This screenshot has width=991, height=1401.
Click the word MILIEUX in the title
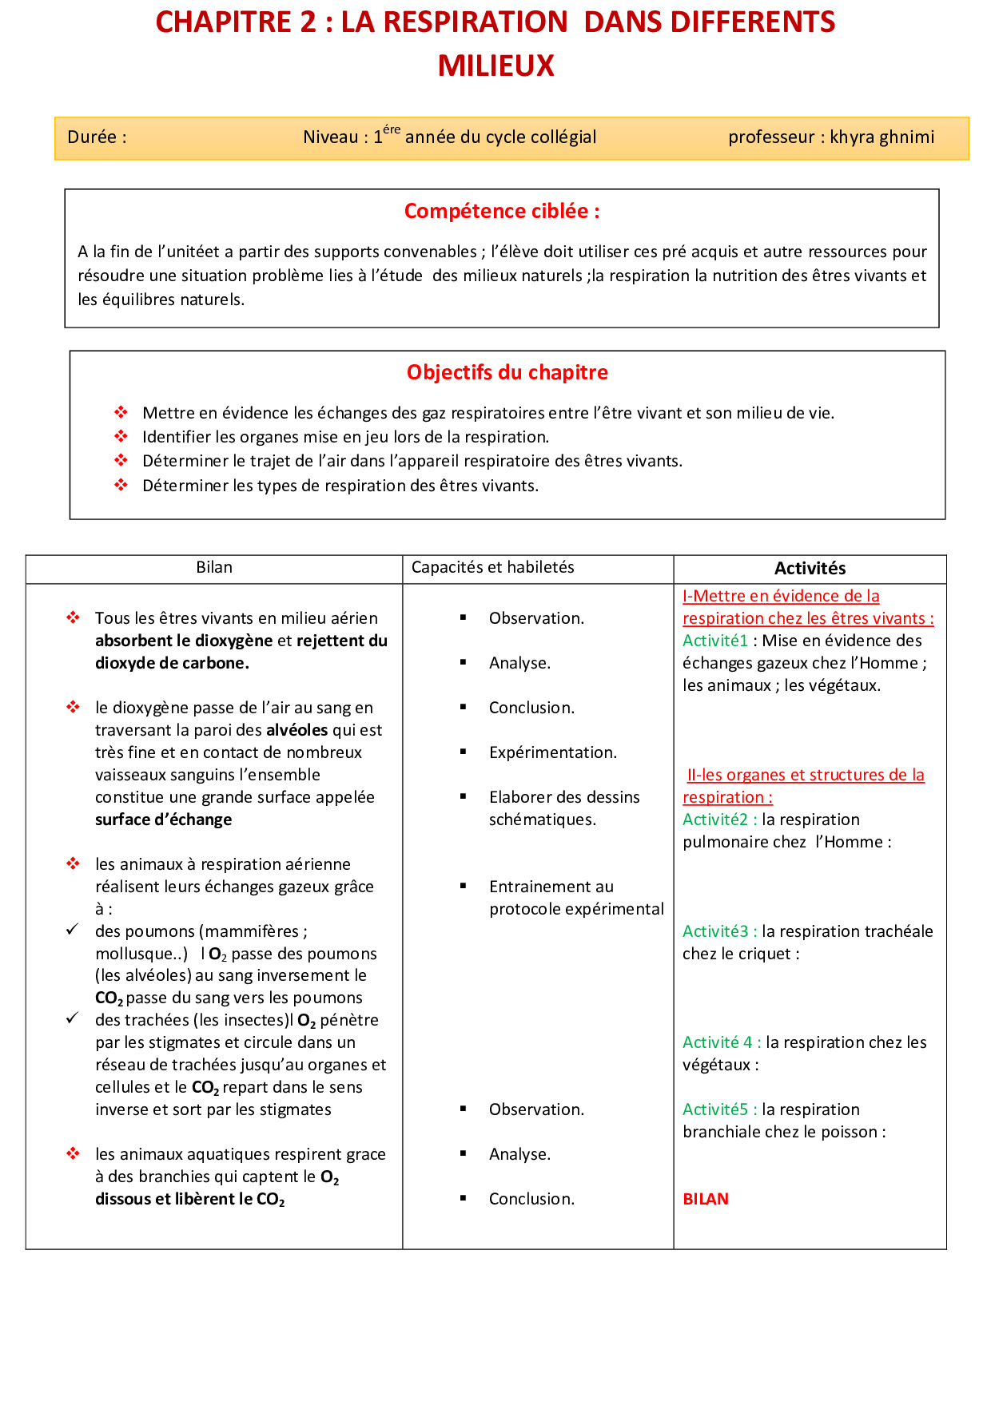(495, 65)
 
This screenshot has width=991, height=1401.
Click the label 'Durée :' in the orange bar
(97, 137)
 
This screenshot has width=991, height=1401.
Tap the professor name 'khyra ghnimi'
(882, 137)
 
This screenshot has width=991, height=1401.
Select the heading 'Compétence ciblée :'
(501, 212)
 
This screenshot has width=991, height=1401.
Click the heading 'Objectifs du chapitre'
(507, 373)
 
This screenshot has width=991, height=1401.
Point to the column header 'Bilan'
(214, 568)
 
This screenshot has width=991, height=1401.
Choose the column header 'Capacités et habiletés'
(492, 568)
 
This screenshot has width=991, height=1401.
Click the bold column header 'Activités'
(810, 569)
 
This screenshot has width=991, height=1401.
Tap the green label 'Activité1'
(714, 641)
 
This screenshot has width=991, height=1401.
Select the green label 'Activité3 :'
(719, 932)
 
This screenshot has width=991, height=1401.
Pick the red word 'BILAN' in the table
(705, 1200)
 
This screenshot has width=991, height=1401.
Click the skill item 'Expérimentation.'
(552, 753)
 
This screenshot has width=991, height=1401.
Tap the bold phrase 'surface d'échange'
(163, 820)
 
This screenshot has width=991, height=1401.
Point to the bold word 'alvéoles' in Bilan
(297, 731)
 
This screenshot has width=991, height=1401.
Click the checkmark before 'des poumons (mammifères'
(73, 930)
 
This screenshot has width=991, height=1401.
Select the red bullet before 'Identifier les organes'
(121, 437)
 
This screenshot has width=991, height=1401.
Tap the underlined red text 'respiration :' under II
(727, 798)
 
